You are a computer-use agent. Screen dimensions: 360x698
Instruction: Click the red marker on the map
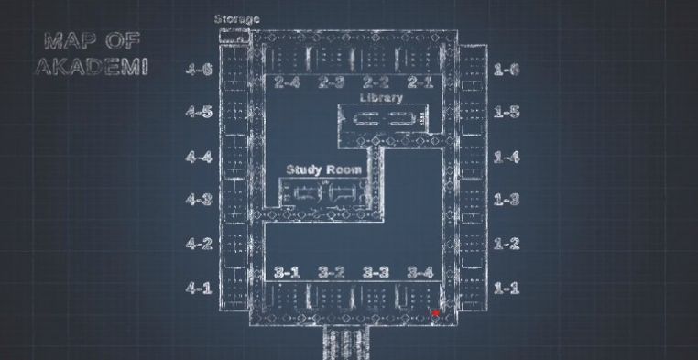click(436, 314)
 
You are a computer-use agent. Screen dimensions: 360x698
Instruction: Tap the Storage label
click(236, 19)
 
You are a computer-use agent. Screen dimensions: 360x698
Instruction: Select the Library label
click(381, 97)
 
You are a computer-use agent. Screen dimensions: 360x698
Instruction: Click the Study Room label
click(323, 169)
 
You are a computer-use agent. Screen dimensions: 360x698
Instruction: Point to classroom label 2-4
click(287, 82)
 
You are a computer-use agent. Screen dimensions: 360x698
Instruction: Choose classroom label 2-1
click(420, 82)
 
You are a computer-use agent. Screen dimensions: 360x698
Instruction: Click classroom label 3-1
click(287, 272)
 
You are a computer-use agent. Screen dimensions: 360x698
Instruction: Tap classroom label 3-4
click(420, 272)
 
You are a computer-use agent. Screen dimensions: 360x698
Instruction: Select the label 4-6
click(200, 69)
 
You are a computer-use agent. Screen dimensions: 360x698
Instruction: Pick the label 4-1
click(200, 288)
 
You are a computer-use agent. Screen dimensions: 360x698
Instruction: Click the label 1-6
click(507, 69)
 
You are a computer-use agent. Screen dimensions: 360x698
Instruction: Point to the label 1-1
click(507, 288)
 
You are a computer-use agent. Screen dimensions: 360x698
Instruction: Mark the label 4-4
click(200, 157)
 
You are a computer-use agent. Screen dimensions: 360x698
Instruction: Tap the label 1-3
click(507, 199)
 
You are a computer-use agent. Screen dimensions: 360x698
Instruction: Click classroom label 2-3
click(331, 82)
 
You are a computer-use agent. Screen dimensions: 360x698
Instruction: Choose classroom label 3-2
click(331, 272)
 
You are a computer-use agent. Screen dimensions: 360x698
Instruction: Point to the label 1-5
click(507, 112)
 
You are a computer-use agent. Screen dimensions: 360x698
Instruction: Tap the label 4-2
click(200, 244)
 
